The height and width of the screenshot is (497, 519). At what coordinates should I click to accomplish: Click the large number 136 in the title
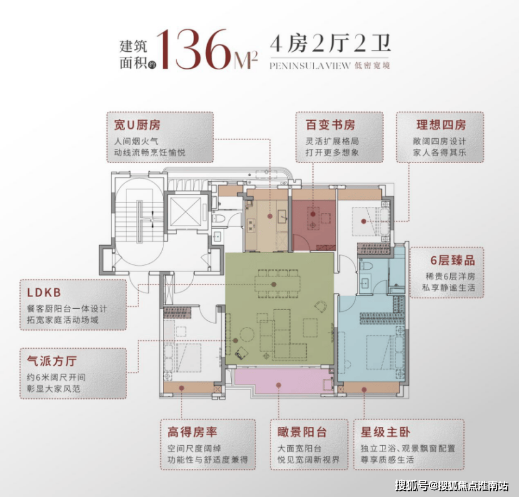click(196, 49)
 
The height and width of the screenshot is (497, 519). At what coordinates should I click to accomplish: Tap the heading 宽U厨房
click(137, 125)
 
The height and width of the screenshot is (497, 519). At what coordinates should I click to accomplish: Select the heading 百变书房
click(330, 125)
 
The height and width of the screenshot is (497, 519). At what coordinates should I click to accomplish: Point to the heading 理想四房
click(441, 125)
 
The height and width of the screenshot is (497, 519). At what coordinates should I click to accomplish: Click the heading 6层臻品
click(452, 261)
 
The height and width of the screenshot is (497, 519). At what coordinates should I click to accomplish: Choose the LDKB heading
click(44, 293)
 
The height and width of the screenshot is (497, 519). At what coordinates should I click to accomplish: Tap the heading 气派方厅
click(51, 361)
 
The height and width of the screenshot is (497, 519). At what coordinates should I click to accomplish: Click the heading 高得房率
click(192, 432)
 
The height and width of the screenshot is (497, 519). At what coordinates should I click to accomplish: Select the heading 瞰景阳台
click(302, 432)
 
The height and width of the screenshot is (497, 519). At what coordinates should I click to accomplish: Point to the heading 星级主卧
click(385, 432)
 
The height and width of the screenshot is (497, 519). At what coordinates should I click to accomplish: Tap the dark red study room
click(314, 224)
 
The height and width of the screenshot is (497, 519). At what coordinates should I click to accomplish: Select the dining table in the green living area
click(277, 284)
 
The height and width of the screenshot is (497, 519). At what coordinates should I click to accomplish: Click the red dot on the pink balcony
click(279, 385)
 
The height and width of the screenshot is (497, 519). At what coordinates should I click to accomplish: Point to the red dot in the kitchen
click(270, 216)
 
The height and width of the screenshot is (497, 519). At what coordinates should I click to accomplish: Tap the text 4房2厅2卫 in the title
click(330, 43)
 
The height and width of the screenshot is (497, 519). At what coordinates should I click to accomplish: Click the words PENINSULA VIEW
click(310, 66)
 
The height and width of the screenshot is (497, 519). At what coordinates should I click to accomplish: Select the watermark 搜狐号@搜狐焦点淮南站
click(452, 485)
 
